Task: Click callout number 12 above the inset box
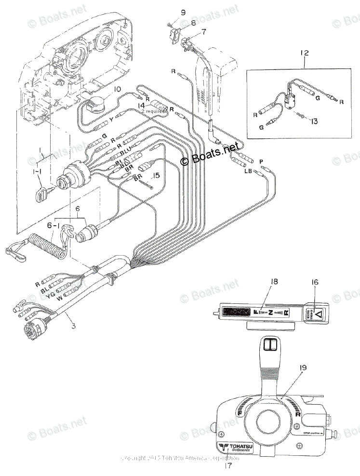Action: point(303,53)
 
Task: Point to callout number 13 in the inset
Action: point(314,121)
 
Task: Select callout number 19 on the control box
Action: point(302,367)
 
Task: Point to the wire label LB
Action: point(249,171)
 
